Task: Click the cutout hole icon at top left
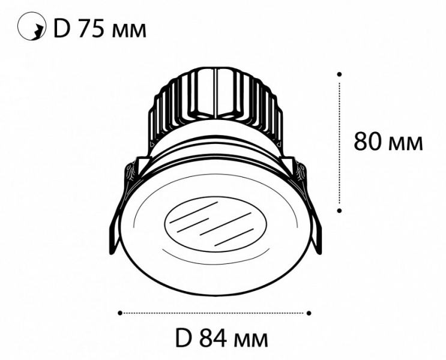(x=32, y=26)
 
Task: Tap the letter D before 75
(x=62, y=29)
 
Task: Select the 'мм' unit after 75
(x=129, y=31)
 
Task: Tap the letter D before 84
(x=183, y=338)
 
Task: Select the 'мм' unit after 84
(x=250, y=341)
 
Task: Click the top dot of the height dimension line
(x=339, y=74)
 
